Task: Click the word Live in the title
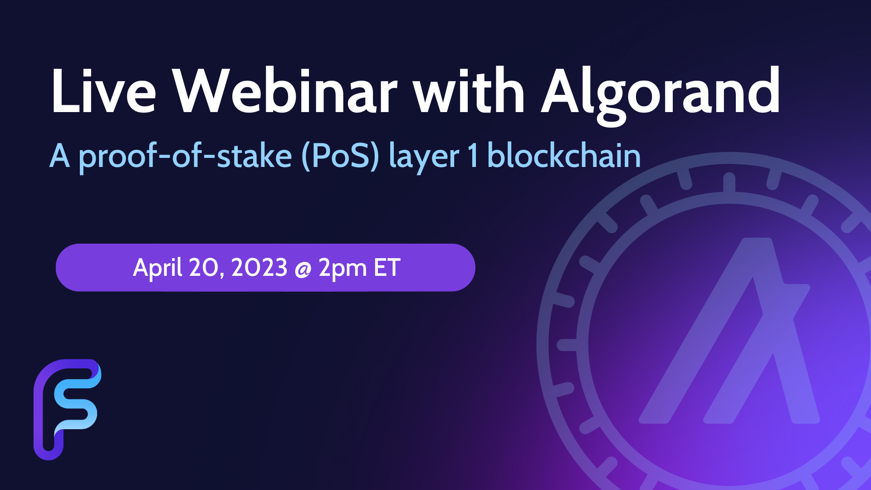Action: pos(103,91)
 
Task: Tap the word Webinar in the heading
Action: pos(285,91)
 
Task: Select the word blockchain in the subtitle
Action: pos(564,156)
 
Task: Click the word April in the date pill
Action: pos(157,268)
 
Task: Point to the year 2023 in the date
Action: pos(259,267)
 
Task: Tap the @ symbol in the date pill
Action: pos(303,269)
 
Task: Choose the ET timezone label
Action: pos(387,267)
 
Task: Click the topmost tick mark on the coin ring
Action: pos(729,182)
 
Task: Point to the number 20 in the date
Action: pos(206,268)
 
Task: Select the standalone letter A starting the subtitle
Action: pos(59,156)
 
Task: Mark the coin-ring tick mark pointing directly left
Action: pos(567,345)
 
